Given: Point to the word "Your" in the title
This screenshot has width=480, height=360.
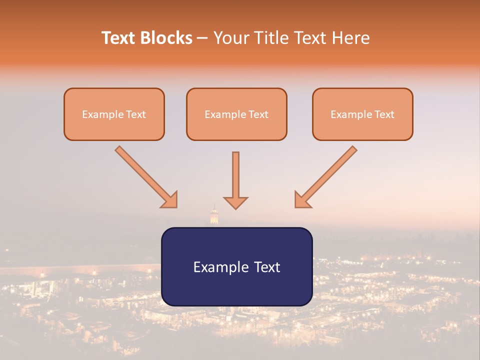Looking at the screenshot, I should tap(231, 38).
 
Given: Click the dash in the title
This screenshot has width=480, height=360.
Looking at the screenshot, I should tap(202, 38).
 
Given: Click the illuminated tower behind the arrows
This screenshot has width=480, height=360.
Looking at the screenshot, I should tap(214, 215).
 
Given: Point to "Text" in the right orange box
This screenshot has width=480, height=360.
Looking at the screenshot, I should tap(384, 114).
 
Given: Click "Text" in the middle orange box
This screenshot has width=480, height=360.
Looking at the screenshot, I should tap(258, 114).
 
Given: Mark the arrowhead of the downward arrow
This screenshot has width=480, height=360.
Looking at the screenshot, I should tap(235, 202).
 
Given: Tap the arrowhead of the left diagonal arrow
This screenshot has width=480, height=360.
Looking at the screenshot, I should tap(170, 200).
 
